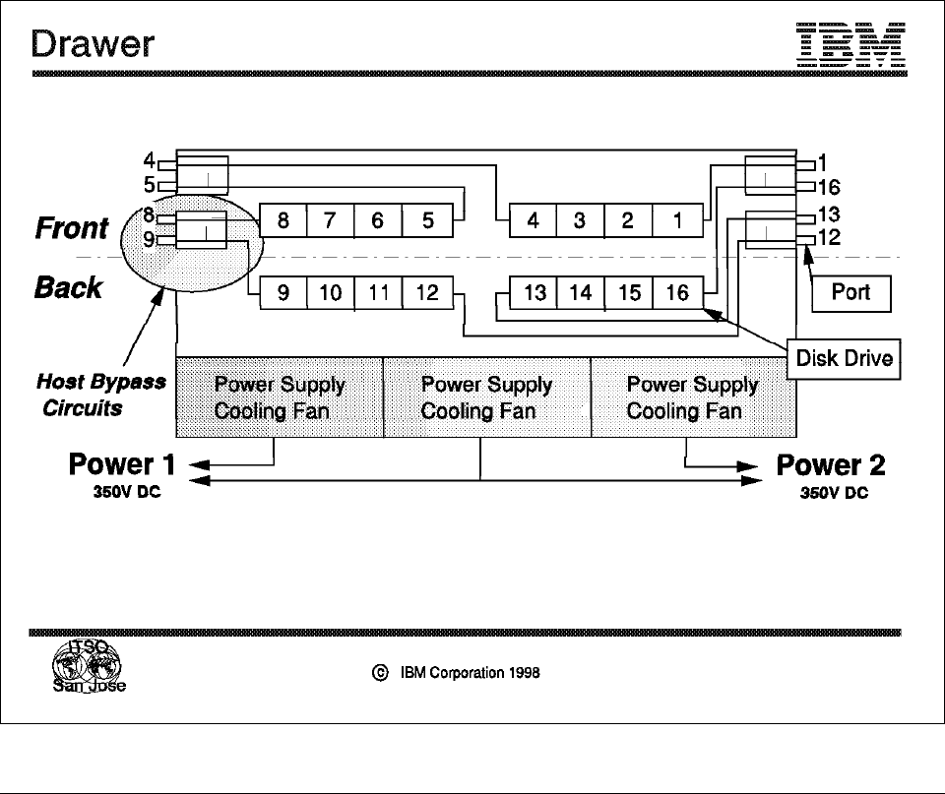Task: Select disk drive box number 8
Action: (x=283, y=220)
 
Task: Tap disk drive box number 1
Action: (x=678, y=220)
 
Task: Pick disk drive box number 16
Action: (x=678, y=293)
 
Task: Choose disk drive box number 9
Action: (x=283, y=293)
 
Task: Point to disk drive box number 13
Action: (x=535, y=293)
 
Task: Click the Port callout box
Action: (x=852, y=293)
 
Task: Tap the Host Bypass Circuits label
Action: (x=100, y=395)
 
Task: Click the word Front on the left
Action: (x=71, y=228)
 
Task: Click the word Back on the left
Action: (x=69, y=287)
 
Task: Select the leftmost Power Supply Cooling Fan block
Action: (x=279, y=397)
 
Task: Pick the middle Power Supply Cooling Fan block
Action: (x=486, y=397)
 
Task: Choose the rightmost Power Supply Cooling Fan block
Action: (x=693, y=397)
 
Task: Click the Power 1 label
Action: (x=121, y=463)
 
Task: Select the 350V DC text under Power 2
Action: (x=834, y=493)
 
